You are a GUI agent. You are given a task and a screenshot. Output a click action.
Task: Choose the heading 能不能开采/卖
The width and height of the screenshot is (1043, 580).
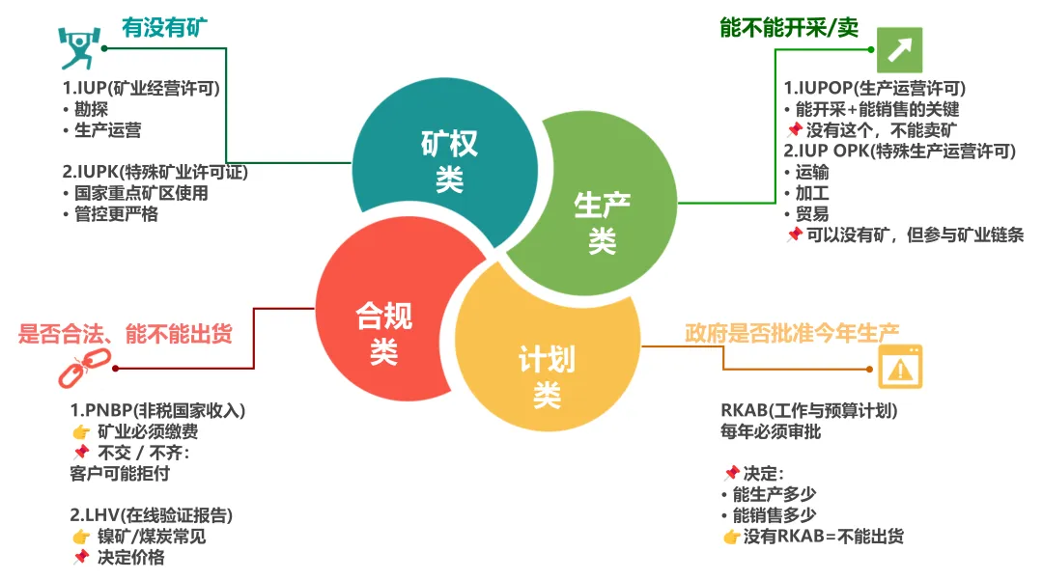click(789, 27)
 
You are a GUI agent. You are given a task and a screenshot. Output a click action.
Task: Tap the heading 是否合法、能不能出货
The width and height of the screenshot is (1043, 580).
click(126, 335)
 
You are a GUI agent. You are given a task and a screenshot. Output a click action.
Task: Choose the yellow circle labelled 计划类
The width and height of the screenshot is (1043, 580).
click(547, 376)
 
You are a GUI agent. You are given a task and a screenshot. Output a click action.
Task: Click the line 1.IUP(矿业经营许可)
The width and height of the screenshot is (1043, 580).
click(142, 89)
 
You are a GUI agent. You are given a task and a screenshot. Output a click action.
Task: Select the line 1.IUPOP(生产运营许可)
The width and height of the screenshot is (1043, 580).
click(874, 88)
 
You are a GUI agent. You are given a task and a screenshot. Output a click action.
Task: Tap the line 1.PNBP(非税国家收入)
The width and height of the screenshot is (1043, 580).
click(157, 410)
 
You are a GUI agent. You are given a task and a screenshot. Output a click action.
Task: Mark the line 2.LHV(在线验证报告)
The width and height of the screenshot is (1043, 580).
click(151, 514)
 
